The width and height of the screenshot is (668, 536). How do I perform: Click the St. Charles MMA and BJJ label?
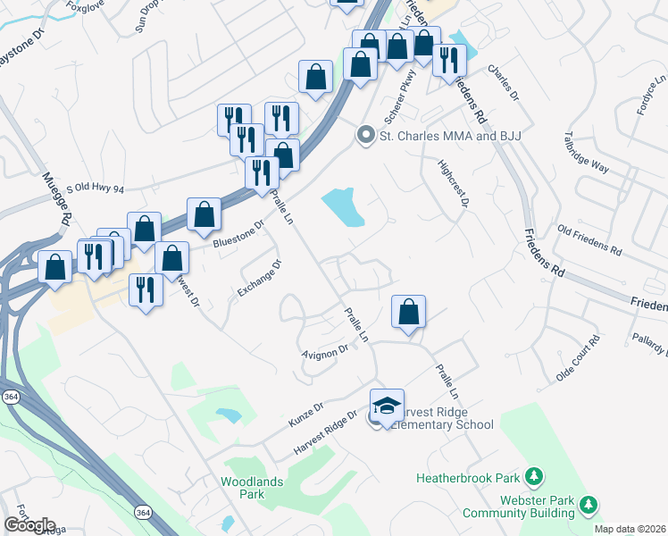(450, 136)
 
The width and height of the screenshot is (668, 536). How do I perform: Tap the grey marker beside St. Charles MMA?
(365, 136)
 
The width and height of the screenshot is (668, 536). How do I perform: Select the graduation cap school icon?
(387, 406)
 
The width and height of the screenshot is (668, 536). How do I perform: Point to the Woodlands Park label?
(242, 488)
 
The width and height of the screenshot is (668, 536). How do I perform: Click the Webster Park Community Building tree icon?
(588, 506)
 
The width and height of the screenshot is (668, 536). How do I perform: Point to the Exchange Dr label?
(260, 278)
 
